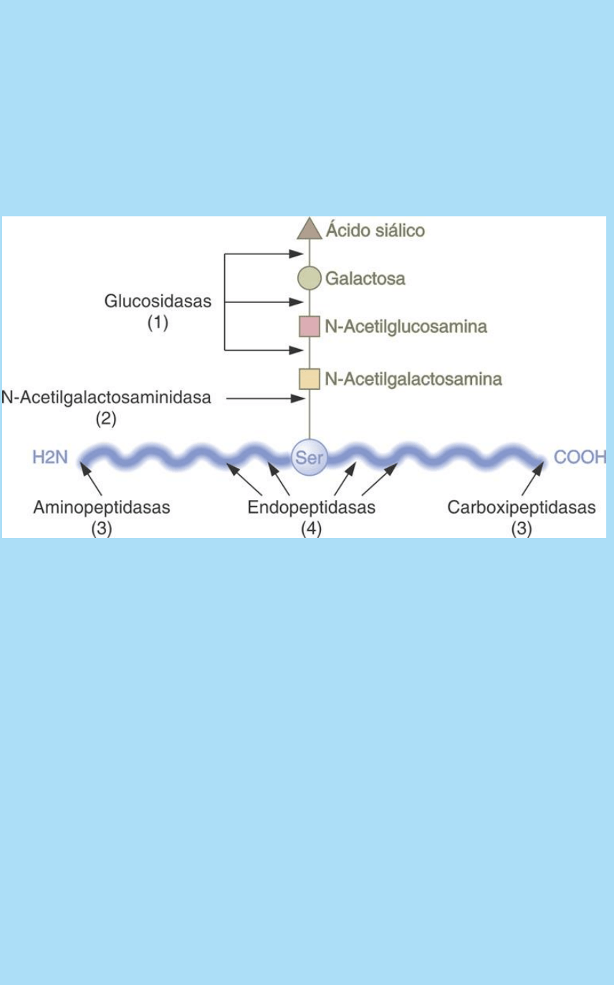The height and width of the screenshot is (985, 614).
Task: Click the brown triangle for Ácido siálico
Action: click(310, 229)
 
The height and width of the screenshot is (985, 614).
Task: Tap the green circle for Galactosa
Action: click(310, 278)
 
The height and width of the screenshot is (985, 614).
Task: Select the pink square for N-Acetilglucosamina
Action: click(310, 327)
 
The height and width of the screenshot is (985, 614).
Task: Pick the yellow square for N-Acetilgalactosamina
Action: click(310, 378)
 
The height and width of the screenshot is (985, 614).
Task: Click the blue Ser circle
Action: click(310, 456)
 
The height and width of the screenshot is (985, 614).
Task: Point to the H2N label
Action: click(49, 457)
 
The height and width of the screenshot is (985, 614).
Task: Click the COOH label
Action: click(580, 457)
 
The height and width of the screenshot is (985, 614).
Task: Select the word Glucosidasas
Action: click(158, 302)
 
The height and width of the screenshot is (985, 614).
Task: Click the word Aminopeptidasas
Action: click(102, 508)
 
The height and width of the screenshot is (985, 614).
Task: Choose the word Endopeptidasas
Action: click(312, 508)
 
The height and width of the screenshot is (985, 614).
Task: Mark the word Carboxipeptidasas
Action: click(522, 508)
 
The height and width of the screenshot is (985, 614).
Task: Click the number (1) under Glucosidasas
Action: click(158, 323)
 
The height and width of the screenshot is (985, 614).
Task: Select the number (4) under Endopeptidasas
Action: click(312, 529)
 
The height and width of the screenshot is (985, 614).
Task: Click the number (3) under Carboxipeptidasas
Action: click(522, 529)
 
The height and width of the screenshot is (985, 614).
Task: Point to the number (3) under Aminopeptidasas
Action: click(102, 529)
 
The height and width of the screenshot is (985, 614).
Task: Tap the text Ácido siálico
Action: click(375, 231)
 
